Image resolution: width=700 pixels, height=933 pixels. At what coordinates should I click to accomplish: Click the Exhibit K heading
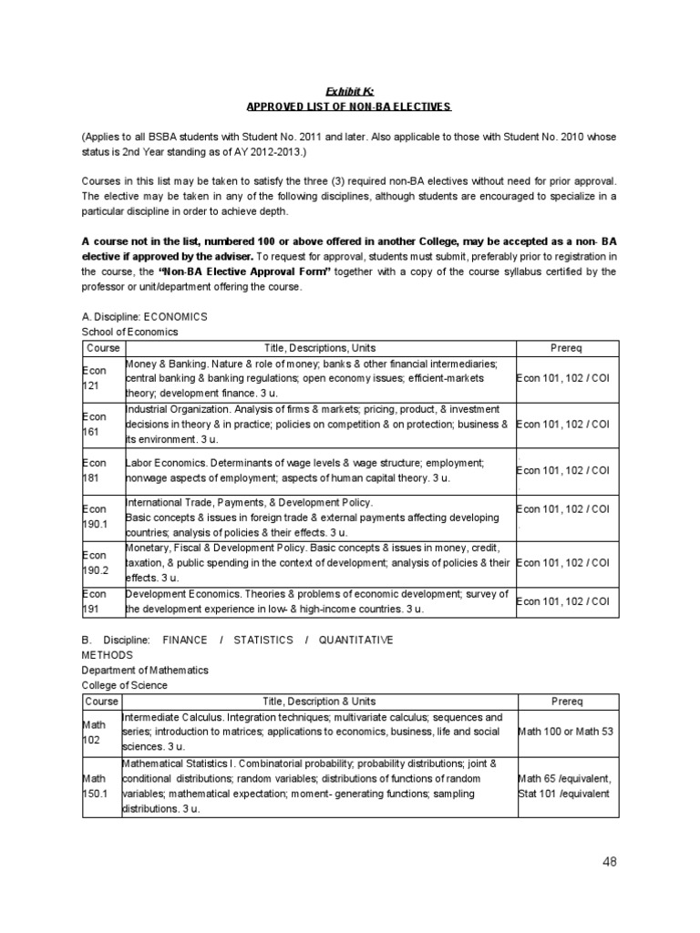(350, 90)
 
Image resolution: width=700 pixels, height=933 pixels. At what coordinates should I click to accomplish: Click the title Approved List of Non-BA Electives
(350, 107)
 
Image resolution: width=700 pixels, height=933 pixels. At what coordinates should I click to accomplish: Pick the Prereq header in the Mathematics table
(566, 702)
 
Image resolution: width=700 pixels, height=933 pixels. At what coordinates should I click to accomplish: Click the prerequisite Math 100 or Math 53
(564, 731)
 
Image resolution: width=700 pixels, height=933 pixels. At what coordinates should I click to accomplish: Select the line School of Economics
(130, 332)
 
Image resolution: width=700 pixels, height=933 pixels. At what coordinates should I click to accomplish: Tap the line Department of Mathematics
(145, 670)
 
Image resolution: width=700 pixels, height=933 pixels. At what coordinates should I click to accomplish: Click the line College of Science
(125, 685)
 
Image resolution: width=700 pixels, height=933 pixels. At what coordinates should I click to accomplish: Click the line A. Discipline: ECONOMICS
(145, 316)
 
